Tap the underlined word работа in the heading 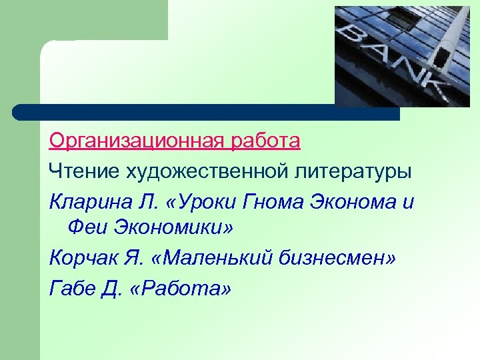pyautogui.click(x=267, y=142)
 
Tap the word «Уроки pyautogui.click(x=198, y=201)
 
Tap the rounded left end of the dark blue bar pyautogui.click(x=20, y=112)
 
